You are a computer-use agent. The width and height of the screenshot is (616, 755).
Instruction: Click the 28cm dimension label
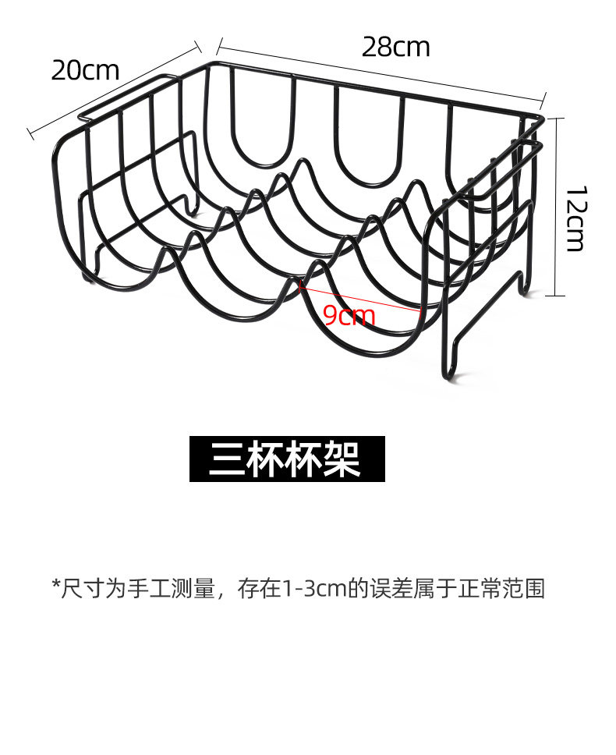[395, 48]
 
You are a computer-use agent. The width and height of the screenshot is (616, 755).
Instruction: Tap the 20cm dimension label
[85, 70]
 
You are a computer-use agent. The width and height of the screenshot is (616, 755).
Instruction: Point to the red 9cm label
[349, 316]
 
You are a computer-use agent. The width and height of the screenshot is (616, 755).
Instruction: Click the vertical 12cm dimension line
[554, 207]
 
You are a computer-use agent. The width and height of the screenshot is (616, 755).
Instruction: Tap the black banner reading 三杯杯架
[287, 459]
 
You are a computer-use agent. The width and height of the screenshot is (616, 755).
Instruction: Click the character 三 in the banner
[226, 459]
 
